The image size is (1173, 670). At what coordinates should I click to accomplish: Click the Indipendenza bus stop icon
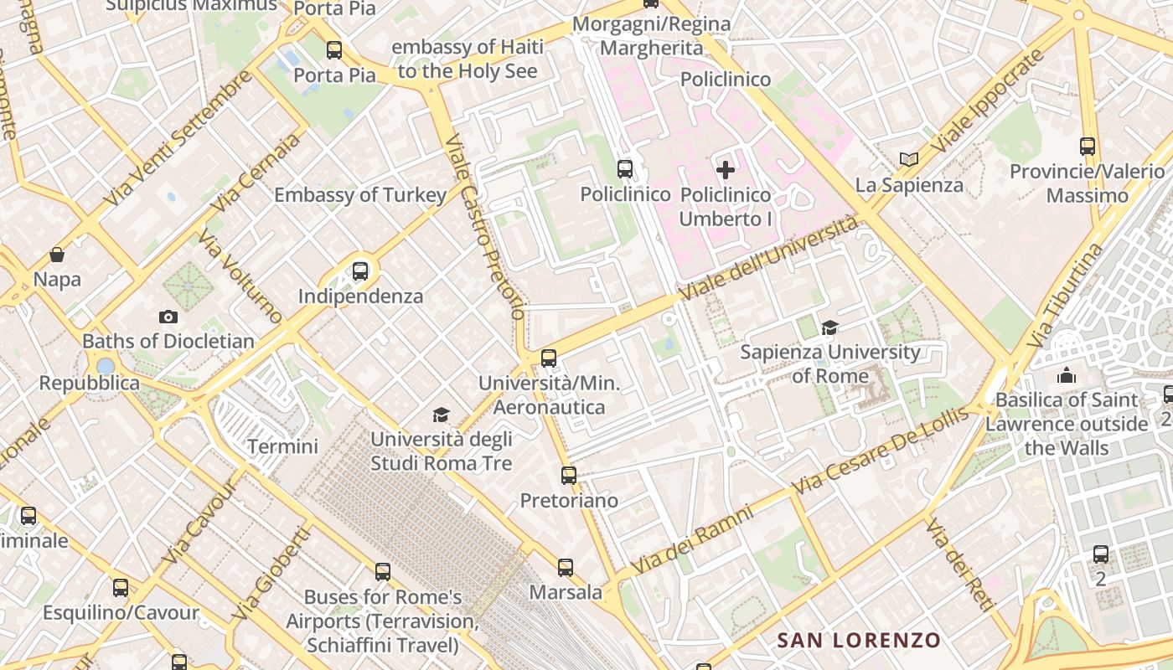pyautogui.click(x=360, y=271)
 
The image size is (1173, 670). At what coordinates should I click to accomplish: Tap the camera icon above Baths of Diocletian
pyautogui.click(x=168, y=317)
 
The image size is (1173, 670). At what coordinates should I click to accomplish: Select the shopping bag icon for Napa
pyautogui.click(x=57, y=255)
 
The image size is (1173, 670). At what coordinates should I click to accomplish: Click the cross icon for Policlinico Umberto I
pyautogui.click(x=726, y=170)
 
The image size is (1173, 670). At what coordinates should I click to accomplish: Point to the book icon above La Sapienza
pyautogui.click(x=909, y=159)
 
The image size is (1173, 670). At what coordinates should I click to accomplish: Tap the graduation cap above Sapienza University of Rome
pyautogui.click(x=829, y=327)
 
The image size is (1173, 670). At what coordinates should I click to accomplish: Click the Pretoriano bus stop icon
pyautogui.click(x=569, y=476)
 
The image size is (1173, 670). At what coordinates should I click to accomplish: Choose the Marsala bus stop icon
pyautogui.click(x=566, y=568)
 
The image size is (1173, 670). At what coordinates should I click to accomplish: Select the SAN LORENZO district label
pyautogui.click(x=859, y=641)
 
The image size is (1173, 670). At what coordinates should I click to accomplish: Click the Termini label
pyautogui.click(x=282, y=446)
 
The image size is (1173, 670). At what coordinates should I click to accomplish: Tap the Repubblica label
pyautogui.click(x=90, y=384)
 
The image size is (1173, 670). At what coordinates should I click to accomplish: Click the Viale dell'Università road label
pyautogui.click(x=771, y=258)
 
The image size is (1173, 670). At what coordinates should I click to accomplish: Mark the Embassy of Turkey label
pyautogui.click(x=360, y=195)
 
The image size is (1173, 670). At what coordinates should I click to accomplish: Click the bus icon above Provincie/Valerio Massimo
pyautogui.click(x=1088, y=147)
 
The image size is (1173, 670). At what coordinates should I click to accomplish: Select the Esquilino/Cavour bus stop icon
pyautogui.click(x=121, y=588)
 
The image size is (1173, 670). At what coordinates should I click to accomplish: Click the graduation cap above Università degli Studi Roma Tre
pyautogui.click(x=441, y=415)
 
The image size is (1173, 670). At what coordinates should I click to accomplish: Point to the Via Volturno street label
pyautogui.click(x=241, y=277)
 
